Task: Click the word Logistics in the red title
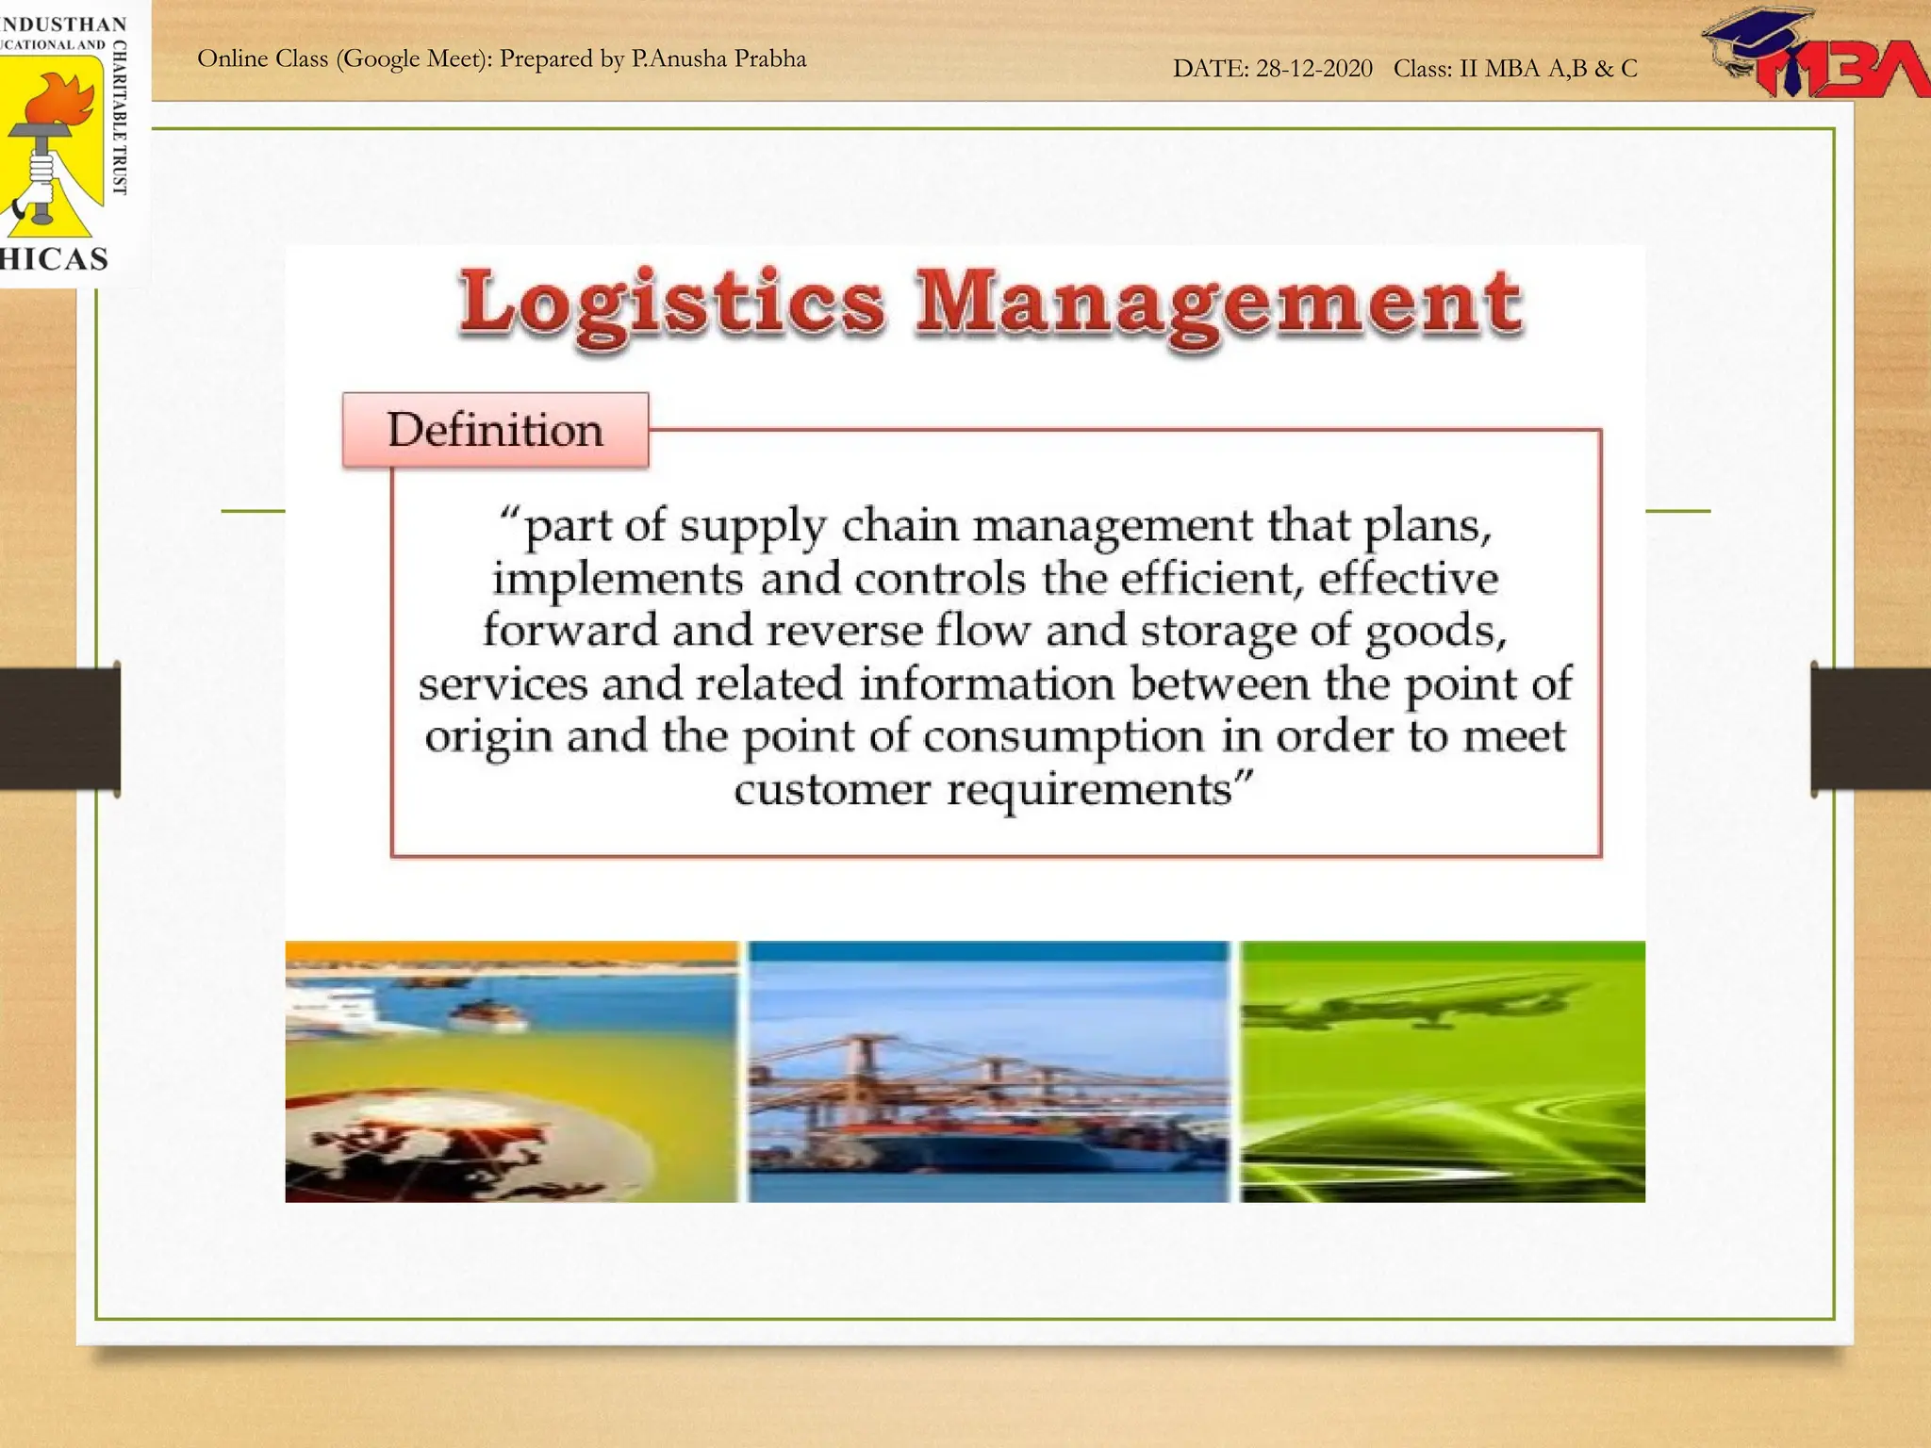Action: [x=671, y=304]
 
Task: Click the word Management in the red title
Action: [x=1218, y=304]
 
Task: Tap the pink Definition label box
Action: [x=495, y=431]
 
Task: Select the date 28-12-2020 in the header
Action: [x=1313, y=69]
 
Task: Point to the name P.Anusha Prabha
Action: [x=718, y=59]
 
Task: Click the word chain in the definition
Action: [x=899, y=526]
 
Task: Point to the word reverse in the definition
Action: [x=844, y=631]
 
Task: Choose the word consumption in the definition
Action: [x=1064, y=736]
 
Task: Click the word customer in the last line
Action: [x=832, y=789]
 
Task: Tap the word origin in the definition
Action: [x=487, y=736]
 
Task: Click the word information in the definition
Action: [x=986, y=683]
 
